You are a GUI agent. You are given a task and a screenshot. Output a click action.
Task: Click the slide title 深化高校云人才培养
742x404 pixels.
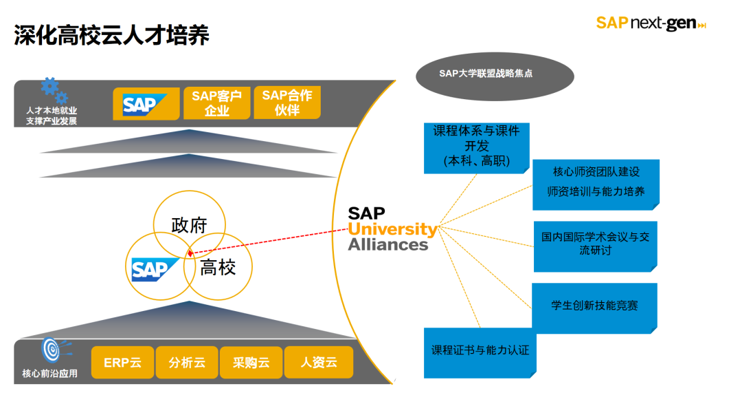111,35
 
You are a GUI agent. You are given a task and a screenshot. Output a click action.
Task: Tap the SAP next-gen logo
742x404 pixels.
650,23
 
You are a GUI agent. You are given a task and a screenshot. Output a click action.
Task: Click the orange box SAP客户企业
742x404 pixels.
216,103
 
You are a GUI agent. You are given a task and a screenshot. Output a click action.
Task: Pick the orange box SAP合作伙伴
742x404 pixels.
286,103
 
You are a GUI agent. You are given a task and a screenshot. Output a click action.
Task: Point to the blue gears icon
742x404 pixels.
53,90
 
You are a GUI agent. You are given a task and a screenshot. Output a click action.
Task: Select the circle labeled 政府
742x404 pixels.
189,225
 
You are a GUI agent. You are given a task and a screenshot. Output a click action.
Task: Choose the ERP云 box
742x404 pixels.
122,362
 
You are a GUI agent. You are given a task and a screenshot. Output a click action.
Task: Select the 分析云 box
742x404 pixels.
187,362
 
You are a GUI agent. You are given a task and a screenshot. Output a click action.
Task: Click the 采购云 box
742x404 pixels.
251,362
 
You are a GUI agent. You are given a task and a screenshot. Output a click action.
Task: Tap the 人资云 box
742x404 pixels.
318,362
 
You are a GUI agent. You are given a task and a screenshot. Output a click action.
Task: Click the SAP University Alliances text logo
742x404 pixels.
392,228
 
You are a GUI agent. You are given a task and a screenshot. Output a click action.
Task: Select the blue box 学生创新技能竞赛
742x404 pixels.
594,305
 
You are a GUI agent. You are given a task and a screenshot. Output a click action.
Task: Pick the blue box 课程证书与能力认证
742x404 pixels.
480,350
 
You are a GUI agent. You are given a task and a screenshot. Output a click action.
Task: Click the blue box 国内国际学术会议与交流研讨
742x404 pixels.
595,244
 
